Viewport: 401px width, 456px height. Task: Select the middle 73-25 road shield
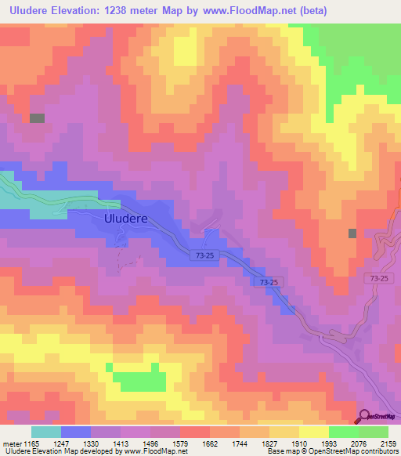point(271,281)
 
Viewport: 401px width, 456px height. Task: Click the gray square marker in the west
point(37,118)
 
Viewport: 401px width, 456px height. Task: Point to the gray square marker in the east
point(352,233)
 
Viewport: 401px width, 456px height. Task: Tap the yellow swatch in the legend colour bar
point(314,432)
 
